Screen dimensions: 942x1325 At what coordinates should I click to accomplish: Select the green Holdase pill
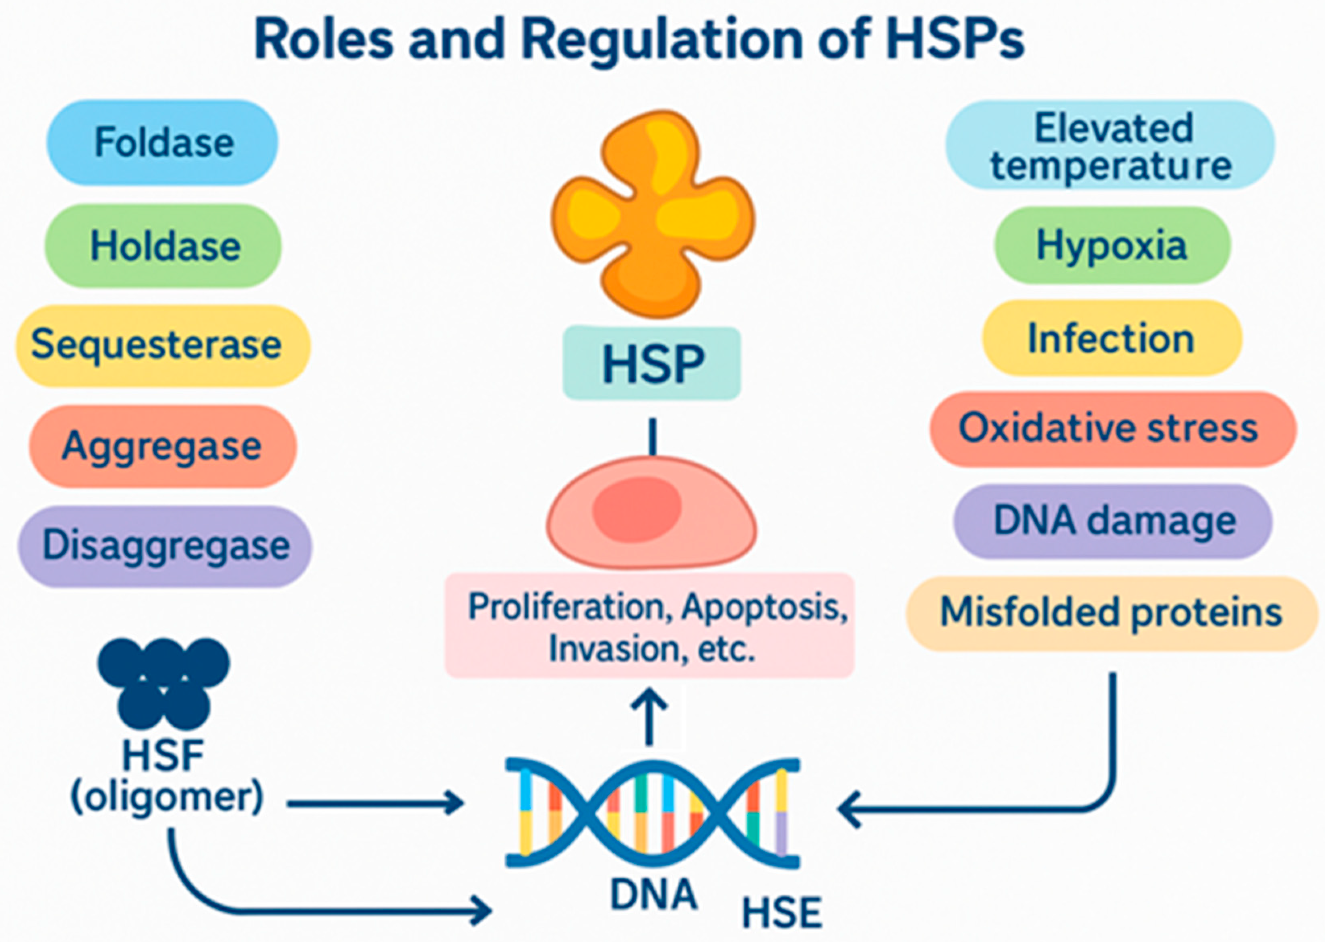click(x=163, y=246)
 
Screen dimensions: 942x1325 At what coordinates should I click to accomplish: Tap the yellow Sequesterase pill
click(x=163, y=346)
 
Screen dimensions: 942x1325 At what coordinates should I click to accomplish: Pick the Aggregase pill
click(x=163, y=446)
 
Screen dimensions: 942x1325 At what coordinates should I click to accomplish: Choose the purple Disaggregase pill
click(x=165, y=546)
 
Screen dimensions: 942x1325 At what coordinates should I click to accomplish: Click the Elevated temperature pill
click(x=1110, y=145)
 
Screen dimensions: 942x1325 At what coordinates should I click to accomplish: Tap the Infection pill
click(x=1112, y=338)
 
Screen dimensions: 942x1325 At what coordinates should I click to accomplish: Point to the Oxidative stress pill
click(x=1112, y=429)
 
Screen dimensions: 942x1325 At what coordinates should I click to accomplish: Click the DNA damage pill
click(x=1112, y=521)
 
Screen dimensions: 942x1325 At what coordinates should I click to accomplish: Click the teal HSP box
click(x=652, y=363)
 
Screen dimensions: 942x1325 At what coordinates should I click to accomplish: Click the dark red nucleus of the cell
click(x=637, y=509)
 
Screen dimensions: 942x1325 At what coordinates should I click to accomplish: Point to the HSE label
click(x=782, y=913)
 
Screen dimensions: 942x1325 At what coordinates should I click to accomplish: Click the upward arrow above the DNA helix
click(x=649, y=716)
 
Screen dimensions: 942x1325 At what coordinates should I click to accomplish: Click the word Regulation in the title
click(x=661, y=41)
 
